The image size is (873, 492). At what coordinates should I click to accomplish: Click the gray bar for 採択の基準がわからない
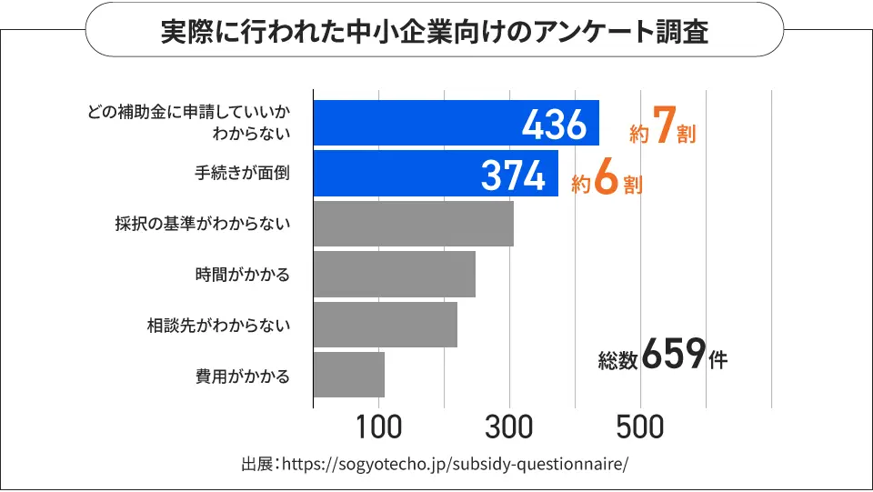413,224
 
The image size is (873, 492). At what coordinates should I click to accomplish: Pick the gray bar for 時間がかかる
394,274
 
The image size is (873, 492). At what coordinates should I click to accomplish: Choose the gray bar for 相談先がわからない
385,325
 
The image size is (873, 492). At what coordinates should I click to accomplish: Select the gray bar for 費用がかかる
348,375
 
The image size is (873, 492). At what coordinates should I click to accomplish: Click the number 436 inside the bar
554,124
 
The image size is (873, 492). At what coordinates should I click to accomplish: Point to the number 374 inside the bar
513,175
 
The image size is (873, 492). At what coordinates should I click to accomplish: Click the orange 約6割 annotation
607,181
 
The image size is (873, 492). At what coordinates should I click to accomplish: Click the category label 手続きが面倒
242,173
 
